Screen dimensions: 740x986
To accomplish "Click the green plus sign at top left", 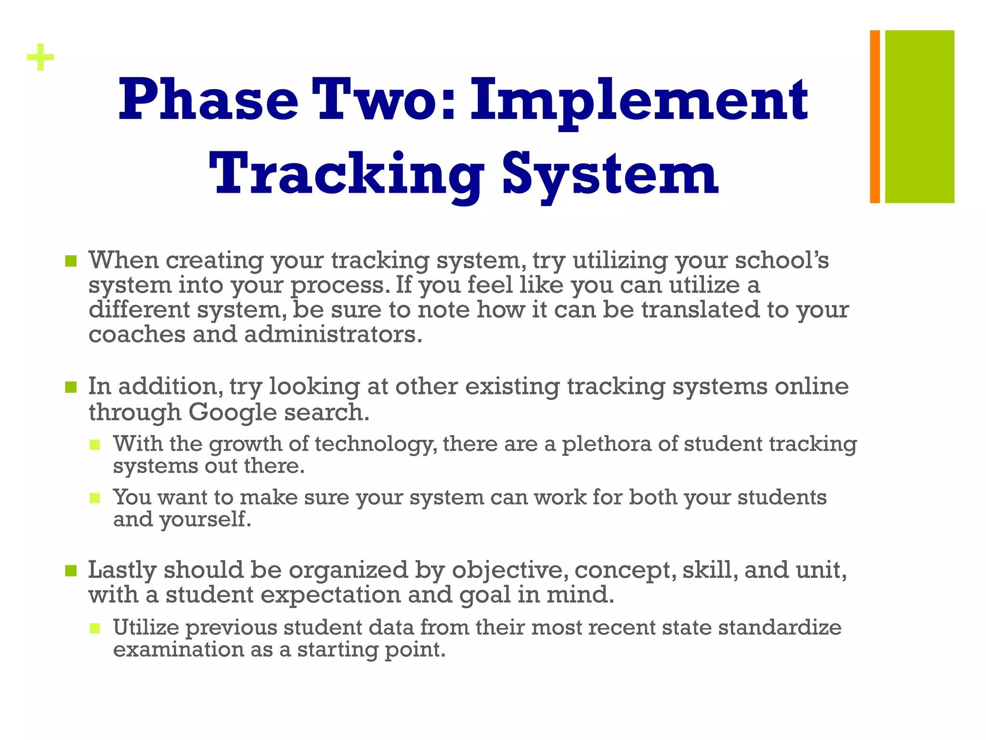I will point(40,58).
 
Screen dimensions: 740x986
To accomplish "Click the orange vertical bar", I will point(875,117).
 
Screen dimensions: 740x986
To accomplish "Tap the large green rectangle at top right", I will point(920,117).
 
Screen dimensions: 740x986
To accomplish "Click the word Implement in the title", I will point(639,101).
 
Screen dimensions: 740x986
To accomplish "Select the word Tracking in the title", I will point(346,174).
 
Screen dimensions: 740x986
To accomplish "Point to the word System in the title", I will point(610,174).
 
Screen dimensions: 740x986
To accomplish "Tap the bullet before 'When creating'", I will point(71,261).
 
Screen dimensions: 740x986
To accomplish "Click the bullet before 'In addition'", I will point(71,387).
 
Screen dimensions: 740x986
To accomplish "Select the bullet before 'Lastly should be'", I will point(71,571).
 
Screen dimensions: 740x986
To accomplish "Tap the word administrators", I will point(333,334).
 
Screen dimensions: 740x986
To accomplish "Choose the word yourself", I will point(206,519).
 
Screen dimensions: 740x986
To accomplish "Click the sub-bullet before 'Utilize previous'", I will point(95,628).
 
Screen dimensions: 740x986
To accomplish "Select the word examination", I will point(179,649).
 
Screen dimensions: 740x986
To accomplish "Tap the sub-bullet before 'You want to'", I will point(95,498).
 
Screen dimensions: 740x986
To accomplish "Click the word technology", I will point(376,444).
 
